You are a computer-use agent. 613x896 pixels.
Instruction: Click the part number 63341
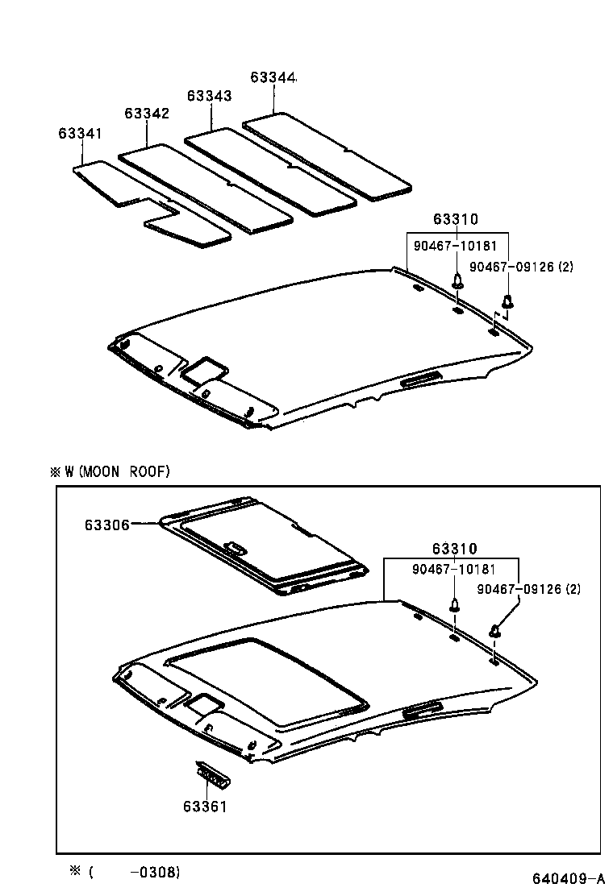(x=80, y=132)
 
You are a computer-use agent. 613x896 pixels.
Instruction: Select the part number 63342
(x=147, y=114)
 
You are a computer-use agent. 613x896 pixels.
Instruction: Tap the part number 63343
(x=210, y=95)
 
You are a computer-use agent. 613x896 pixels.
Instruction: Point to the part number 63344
(x=273, y=77)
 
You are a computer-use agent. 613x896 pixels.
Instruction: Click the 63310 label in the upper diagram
(x=455, y=219)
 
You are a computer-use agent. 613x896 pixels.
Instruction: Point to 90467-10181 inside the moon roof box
(x=453, y=569)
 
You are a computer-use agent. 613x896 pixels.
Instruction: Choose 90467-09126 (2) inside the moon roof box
(x=528, y=589)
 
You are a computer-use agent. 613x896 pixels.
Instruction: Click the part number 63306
(x=106, y=524)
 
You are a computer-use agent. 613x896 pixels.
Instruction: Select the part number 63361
(x=204, y=806)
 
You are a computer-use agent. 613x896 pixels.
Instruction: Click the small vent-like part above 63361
(x=214, y=775)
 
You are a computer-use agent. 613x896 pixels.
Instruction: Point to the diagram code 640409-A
(x=567, y=877)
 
